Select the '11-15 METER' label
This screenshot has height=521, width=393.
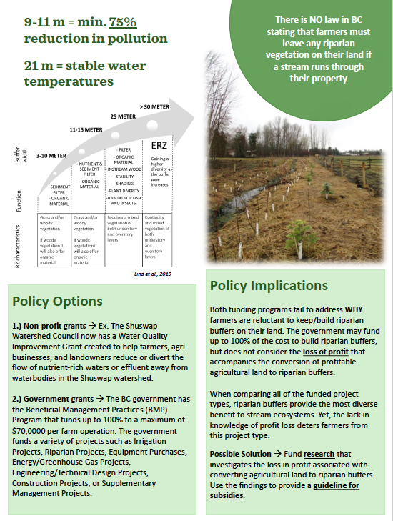coord(87,132)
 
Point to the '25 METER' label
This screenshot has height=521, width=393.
coord(123,115)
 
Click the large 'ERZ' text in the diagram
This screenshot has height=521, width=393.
coord(158,146)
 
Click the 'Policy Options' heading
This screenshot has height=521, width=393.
coord(57,302)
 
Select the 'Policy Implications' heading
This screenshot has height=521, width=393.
coord(269,286)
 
